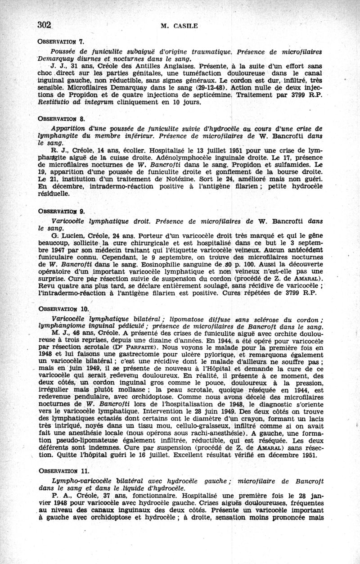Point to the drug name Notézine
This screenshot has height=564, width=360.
coord(168,181)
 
